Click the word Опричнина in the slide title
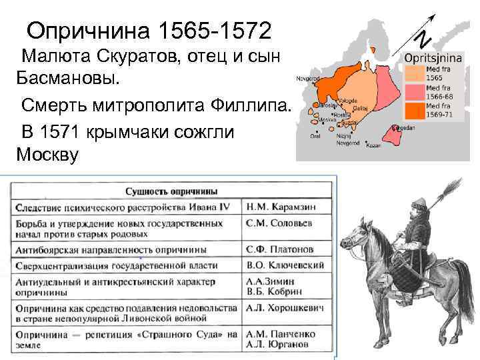87,30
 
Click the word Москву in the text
47,155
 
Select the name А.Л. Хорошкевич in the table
287,309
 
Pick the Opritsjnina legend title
429,58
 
